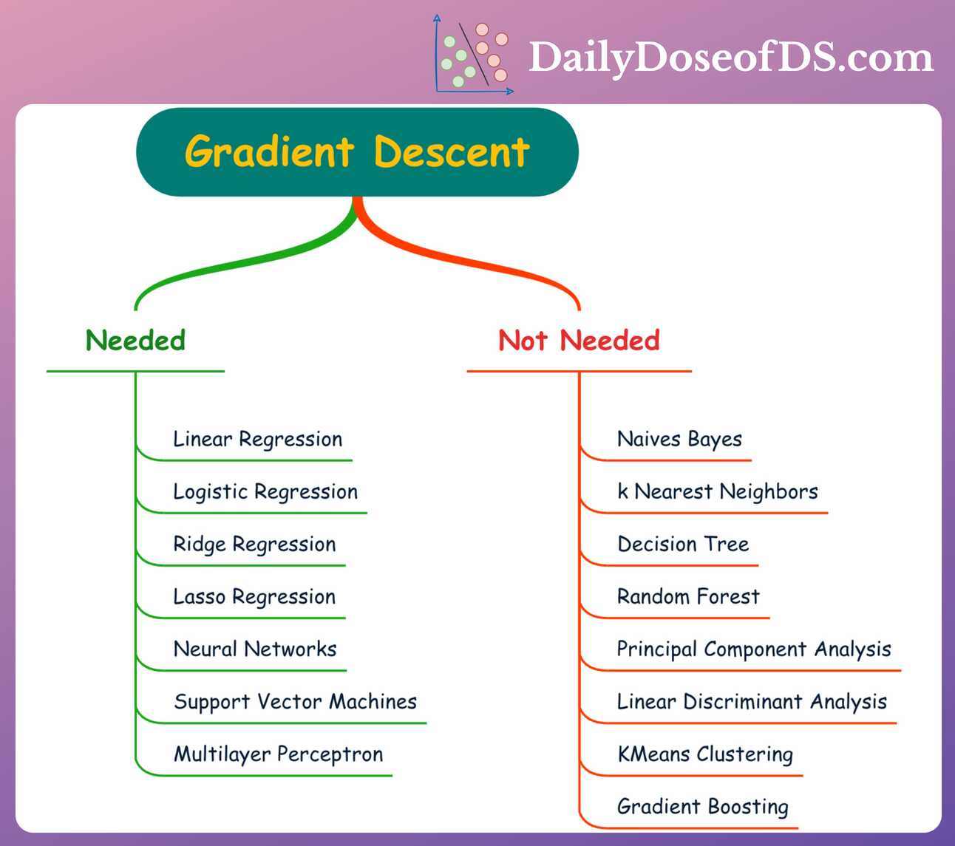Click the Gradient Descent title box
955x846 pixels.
pyautogui.click(x=357, y=151)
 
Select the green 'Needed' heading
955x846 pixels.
pyautogui.click(x=135, y=341)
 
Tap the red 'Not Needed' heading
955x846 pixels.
pyautogui.click(x=579, y=341)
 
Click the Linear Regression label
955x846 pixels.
pyautogui.click(x=257, y=440)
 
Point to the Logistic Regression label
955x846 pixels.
pyautogui.click(x=265, y=492)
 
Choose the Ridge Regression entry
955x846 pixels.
pyautogui.click(x=254, y=545)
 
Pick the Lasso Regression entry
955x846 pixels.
pyautogui.click(x=254, y=597)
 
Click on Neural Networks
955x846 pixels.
pyautogui.click(x=254, y=649)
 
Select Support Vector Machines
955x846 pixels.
pyautogui.click(x=295, y=702)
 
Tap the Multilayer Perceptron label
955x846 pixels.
pyautogui.click(x=278, y=754)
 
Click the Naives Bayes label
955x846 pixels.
pyautogui.click(x=679, y=440)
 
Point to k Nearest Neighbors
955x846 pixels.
pyautogui.click(x=717, y=492)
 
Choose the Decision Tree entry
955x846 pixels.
pyautogui.click(x=683, y=545)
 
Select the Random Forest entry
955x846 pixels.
pyautogui.click(x=687, y=597)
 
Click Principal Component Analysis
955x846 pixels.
pyautogui.click(x=753, y=649)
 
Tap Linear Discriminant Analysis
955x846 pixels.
pyautogui.click(x=751, y=702)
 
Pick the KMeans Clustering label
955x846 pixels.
pyautogui.click(x=704, y=754)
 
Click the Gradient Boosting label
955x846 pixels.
pyautogui.click(x=702, y=807)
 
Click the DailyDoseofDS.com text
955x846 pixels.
pyautogui.click(x=731, y=58)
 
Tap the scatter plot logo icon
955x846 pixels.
pyautogui.click(x=474, y=55)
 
